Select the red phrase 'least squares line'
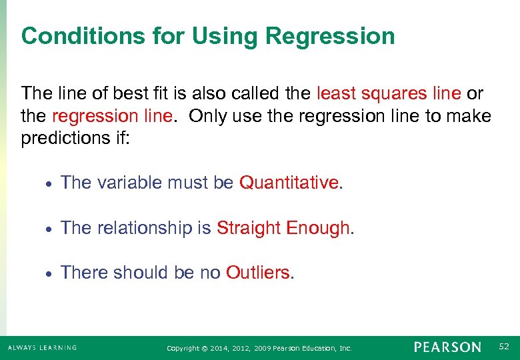click(389, 93)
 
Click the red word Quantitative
click(289, 183)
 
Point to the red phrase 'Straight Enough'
click(283, 228)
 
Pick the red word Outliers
click(258, 273)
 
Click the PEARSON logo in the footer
click(447, 347)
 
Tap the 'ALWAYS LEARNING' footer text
click(42, 347)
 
